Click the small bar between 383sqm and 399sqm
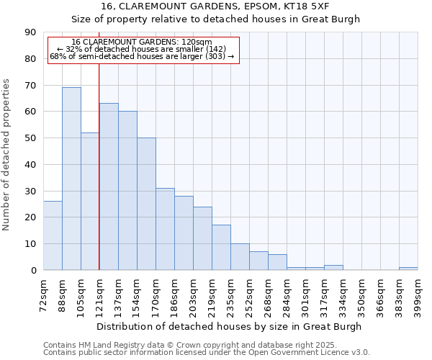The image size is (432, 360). tap(408, 269)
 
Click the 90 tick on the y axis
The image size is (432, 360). tap(30, 32)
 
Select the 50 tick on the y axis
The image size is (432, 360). tap(30, 138)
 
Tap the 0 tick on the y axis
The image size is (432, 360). tap(33, 271)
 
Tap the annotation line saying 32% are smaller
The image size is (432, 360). tap(142, 49)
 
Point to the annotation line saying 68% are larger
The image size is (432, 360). tap(142, 56)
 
